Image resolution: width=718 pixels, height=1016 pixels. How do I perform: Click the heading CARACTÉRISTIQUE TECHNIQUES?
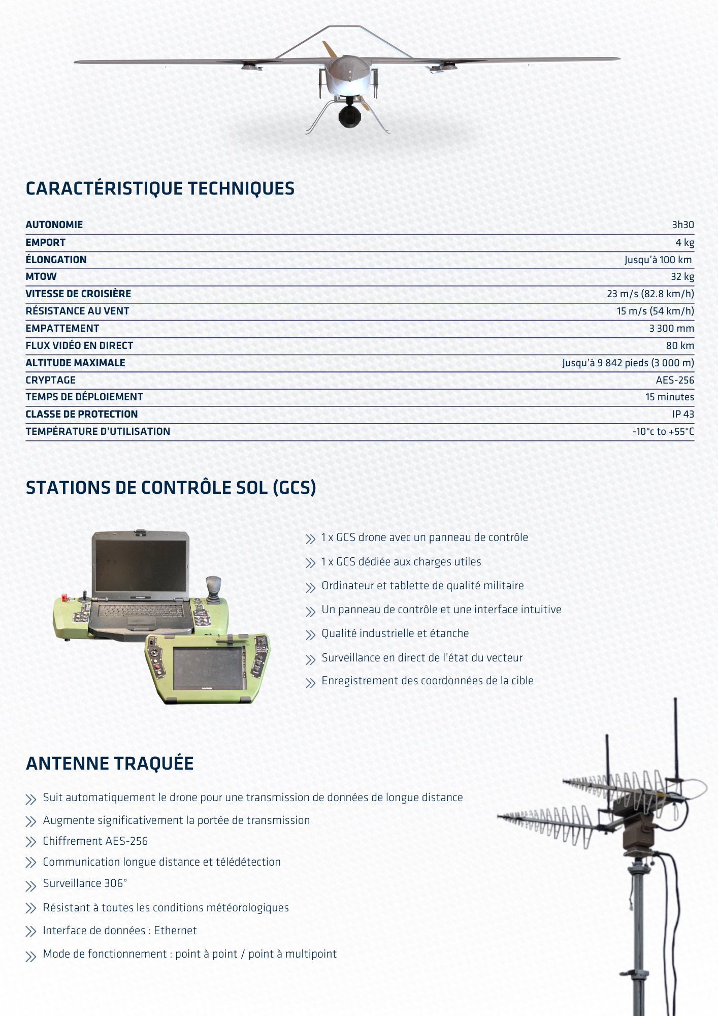pyautogui.click(x=160, y=188)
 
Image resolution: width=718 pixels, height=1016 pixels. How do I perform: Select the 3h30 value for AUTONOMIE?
pyautogui.click(x=682, y=225)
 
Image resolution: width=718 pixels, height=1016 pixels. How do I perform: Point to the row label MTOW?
pyautogui.click(x=41, y=276)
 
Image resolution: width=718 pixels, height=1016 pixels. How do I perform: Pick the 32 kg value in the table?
pyautogui.click(x=682, y=276)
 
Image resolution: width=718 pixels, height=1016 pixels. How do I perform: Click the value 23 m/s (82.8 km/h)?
pyautogui.click(x=650, y=294)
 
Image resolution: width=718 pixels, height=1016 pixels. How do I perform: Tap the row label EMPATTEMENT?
pyautogui.click(x=62, y=328)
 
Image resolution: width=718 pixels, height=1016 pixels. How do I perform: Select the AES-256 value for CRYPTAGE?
pyautogui.click(x=674, y=380)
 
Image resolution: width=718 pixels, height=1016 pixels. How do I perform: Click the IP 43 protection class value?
pyautogui.click(x=682, y=414)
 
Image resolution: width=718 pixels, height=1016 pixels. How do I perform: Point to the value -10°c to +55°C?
pyautogui.click(x=663, y=431)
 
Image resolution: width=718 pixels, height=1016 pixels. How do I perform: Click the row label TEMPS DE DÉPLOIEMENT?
pyautogui.click(x=84, y=397)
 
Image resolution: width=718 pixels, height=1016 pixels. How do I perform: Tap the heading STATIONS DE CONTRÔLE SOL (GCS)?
pyautogui.click(x=171, y=488)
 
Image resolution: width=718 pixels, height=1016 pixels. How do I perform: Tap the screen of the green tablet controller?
pyautogui.click(x=209, y=668)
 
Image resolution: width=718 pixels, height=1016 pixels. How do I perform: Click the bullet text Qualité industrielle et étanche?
pyautogui.click(x=395, y=633)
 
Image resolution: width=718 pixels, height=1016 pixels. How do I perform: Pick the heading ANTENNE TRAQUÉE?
pyautogui.click(x=110, y=764)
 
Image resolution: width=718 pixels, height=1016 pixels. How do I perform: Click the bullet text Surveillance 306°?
pyautogui.click(x=85, y=883)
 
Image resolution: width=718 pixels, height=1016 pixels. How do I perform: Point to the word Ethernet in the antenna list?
pyautogui.click(x=175, y=931)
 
